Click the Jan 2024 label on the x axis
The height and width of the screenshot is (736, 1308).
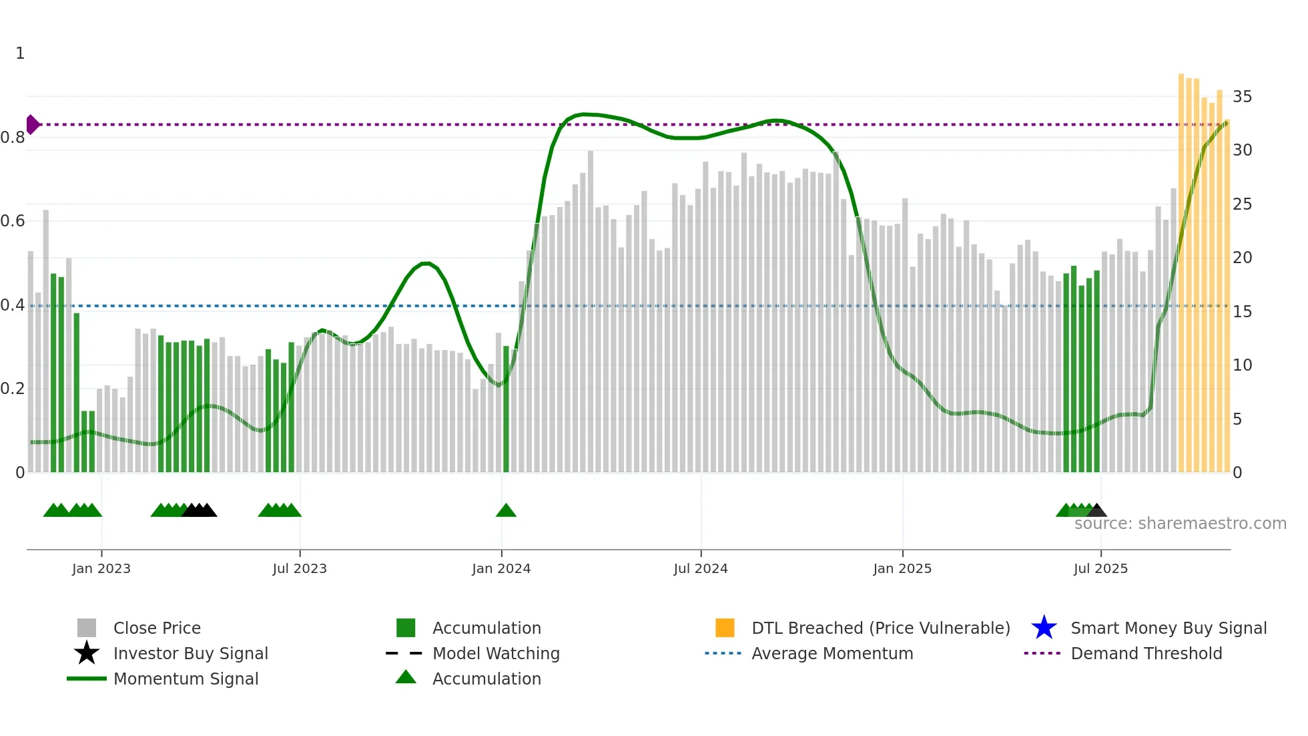click(501, 569)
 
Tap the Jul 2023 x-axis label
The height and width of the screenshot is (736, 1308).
click(300, 569)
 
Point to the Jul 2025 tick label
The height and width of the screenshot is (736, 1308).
click(1100, 569)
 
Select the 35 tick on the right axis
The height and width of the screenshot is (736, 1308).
click(1242, 97)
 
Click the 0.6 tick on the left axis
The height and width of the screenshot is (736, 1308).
click(13, 221)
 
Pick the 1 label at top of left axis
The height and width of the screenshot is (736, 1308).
click(20, 53)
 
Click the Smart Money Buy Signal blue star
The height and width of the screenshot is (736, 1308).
click(1044, 628)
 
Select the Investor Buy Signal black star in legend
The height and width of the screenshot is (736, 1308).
click(87, 653)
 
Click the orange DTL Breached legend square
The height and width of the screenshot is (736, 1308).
click(725, 628)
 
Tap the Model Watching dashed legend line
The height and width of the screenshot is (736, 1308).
click(404, 653)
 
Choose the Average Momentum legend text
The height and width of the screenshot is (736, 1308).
click(832, 653)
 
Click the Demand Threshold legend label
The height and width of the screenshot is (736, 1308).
click(1146, 653)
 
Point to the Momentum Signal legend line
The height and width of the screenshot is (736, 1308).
click(87, 679)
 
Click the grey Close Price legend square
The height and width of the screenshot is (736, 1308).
click(87, 628)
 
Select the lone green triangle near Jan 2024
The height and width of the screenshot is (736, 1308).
click(506, 511)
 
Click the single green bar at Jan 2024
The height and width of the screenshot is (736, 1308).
click(506, 409)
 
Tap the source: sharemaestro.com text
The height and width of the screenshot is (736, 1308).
click(1180, 524)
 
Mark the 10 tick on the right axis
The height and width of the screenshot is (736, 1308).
click(1242, 365)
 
